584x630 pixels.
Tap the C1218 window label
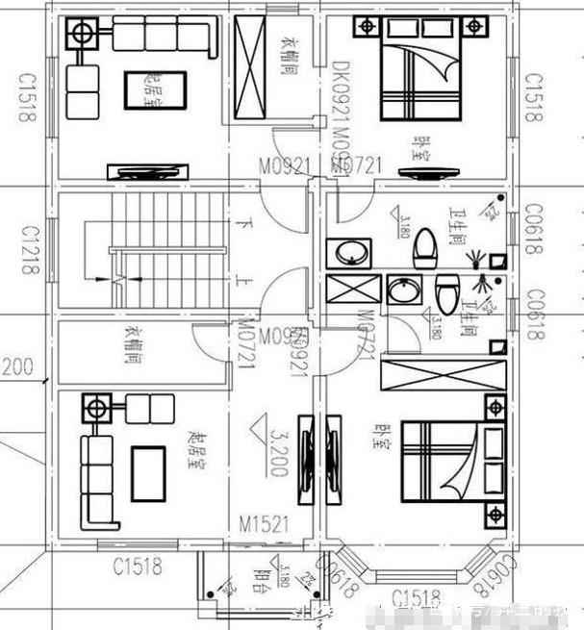(28, 251)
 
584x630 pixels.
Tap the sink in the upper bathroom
(347, 254)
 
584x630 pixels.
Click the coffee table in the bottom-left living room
(148, 473)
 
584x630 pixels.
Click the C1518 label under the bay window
(417, 599)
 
